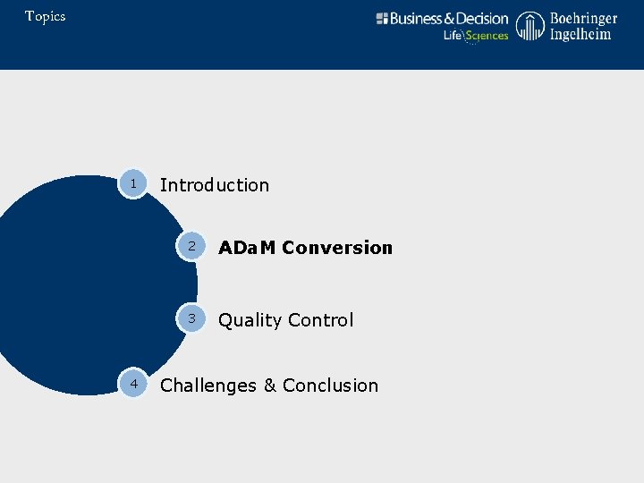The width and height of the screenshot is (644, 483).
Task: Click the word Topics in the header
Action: point(45,16)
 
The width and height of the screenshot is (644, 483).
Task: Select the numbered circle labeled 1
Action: point(133,184)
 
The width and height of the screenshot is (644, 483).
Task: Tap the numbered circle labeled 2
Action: point(191,246)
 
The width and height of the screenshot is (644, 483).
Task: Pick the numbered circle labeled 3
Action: point(191,318)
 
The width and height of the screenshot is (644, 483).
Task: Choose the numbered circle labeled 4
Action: point(133,384)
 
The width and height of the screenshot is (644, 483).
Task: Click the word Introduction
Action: point(214,185)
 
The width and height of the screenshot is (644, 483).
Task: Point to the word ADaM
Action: point(247,248)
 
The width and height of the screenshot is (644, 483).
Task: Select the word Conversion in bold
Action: point(337,248)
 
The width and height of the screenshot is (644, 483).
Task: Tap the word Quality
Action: point(251,320)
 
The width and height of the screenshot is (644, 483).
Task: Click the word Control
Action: point(321,320)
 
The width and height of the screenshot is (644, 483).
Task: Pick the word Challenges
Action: point(208,386)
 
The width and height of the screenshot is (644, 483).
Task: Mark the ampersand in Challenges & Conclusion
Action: point(269,386)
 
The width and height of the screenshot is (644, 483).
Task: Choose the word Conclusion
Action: point(330,386)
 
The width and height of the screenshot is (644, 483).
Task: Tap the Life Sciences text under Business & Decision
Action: point(476,36)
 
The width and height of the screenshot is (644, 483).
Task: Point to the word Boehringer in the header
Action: point(583,18)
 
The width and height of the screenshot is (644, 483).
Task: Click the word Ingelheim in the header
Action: point(580,34)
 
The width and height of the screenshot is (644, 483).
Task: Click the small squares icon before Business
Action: point(382,19)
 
